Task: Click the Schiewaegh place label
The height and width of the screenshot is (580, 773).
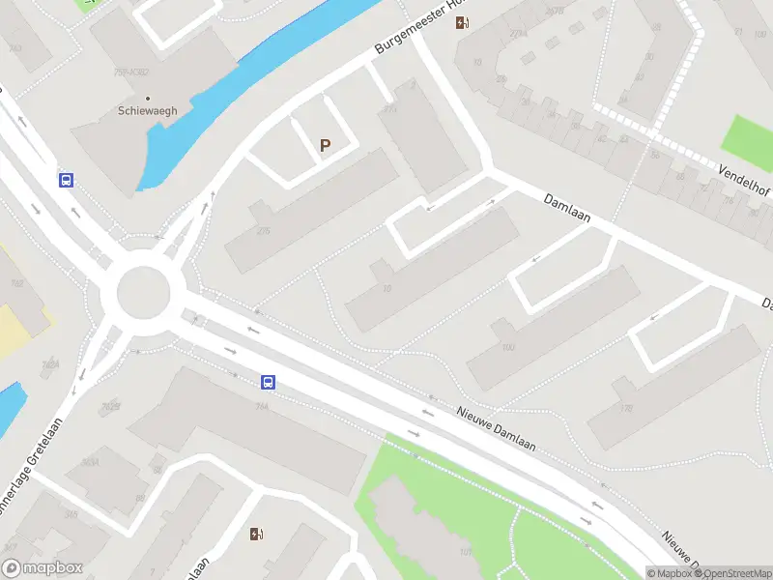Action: pyautogui.click(x=148, y=111)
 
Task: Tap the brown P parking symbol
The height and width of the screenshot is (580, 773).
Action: pyautogui.click(x=326, y=146)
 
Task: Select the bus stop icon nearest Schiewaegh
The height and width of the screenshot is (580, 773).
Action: pyautogui.click(x=67, y=180)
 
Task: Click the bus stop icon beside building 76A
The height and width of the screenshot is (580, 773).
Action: pyautogui.click(x=268, y=382)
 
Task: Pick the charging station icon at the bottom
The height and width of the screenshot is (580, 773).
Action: pyautogui.click(x=256, y=534)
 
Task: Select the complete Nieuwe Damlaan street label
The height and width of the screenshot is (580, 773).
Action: pyautogui.click(x=496, y=425)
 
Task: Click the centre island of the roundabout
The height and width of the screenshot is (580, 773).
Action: pyautogui.click(x=143, y=292)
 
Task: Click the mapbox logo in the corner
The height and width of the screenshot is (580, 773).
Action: pyautogui.click(x=43, y=568)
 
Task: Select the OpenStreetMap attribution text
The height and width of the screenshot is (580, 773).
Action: pyautogui.click(x=729, y=573)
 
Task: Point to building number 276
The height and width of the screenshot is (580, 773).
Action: pyautogui.click(x=263, y=230)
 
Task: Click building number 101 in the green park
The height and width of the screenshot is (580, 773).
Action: pyautogui.click(x=465, y=552)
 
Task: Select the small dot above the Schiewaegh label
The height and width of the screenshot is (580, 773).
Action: pyautogui.click(x=148, y=98)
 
